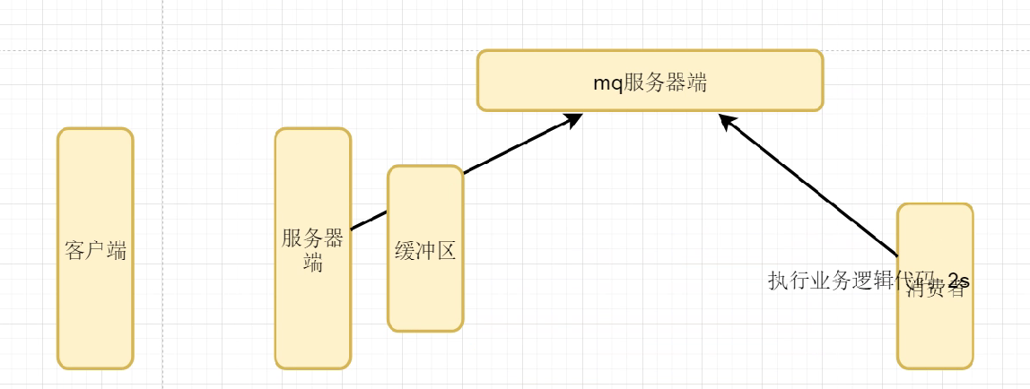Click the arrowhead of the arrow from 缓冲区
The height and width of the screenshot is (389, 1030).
tap(574, 117)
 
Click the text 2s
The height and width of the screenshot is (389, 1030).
tap(958, 281)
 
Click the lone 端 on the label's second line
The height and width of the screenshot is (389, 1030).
tap(313, 264)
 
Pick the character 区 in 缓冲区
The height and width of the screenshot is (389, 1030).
tap(447, 251)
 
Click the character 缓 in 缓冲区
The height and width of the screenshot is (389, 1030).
tap(405, 251)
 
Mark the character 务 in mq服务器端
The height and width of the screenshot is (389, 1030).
tap(654, 82)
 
